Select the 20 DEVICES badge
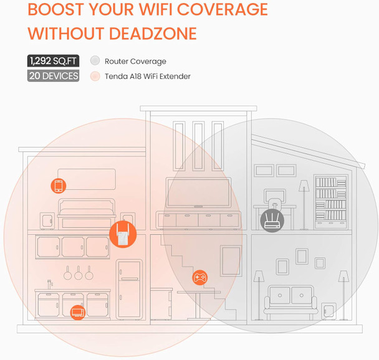(53, 76)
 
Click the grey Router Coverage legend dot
(95, 61)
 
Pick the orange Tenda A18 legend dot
(95, 76)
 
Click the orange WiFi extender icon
(123, 235)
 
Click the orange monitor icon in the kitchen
(77, 311)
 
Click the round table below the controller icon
(199, 302)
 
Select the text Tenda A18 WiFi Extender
(148, 76)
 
